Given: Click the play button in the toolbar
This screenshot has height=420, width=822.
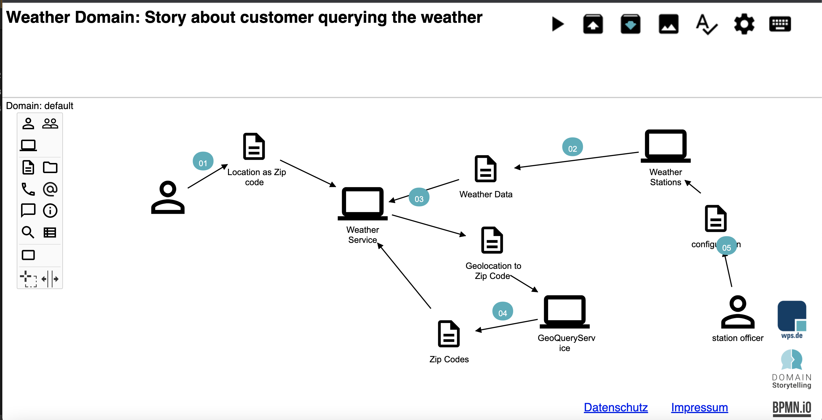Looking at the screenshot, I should point(558,24).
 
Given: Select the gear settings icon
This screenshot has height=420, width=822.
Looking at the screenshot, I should point(744,24).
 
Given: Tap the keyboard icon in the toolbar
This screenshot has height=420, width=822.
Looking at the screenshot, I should point(780,24).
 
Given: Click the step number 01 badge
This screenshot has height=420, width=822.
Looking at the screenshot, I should point(203,162).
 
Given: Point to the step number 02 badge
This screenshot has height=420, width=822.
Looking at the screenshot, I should point(572,147).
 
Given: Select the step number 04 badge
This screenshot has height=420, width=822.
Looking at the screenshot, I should point(502,312).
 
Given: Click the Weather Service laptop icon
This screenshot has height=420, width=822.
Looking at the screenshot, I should point(363,204).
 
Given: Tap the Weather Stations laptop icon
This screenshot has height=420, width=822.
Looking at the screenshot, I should point(666,146).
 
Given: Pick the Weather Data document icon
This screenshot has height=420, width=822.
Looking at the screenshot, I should point(485,169).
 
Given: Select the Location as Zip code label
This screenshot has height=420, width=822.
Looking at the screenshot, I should point(256,177).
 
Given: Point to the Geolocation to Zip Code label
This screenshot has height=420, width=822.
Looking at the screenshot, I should point(493,271).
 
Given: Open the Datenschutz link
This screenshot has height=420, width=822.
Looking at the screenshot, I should point(616,407).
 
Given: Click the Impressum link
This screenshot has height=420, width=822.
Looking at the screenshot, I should point(699,407).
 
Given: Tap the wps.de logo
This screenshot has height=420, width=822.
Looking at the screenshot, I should point(792,319).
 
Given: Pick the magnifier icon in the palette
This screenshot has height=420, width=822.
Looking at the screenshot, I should point(28,232).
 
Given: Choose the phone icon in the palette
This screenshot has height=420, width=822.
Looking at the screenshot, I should point(28,189).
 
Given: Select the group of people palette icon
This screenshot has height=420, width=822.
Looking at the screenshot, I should point(50,123).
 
